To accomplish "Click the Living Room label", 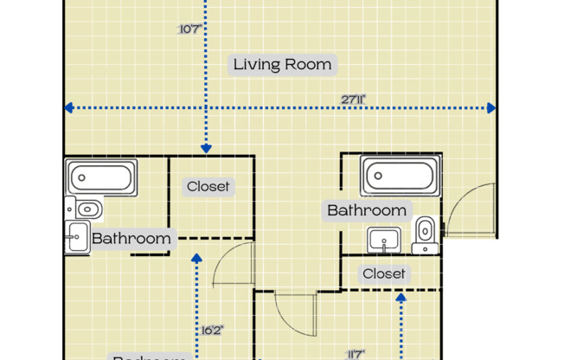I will (282, 64).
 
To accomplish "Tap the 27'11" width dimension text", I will (353, 100).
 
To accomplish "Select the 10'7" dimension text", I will (189, 29).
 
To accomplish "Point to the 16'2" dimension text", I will (213, 330).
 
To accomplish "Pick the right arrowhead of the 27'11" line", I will (491, 108).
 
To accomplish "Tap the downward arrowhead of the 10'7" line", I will (205, 149).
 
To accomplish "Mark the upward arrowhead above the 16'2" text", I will (197, 257).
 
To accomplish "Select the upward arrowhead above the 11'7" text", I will (401, 299).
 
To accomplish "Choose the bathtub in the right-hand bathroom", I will (401, 177).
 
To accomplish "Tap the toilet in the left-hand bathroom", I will (84, 209).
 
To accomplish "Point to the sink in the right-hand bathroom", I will (382, 239).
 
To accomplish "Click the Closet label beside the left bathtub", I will (209, 186).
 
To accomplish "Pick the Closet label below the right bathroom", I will (384, 273).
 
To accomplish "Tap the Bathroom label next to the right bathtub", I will (366, 210).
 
